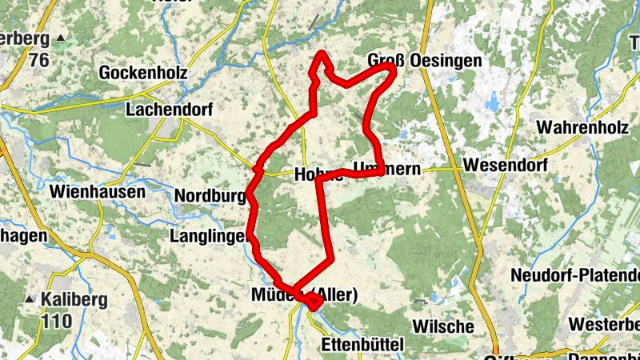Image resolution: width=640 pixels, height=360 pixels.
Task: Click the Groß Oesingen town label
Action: (425, 61)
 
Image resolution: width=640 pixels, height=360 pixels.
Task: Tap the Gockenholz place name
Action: (143, 73)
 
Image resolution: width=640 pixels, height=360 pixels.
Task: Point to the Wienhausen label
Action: (97, 192)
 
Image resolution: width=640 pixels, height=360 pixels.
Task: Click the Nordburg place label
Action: (209, 196)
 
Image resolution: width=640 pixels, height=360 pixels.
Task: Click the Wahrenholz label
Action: (581, 127)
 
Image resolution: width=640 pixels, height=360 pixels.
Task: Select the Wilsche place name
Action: (443, 327)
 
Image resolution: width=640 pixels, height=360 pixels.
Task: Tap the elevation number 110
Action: (58, 321)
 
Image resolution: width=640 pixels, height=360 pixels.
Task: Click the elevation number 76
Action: (38, 60)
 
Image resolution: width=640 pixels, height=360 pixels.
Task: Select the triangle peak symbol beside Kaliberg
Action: (30, 299)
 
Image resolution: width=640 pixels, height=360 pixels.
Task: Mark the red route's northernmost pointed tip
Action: (322, 53)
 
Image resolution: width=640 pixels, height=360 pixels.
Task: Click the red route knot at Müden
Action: (312, 301)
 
